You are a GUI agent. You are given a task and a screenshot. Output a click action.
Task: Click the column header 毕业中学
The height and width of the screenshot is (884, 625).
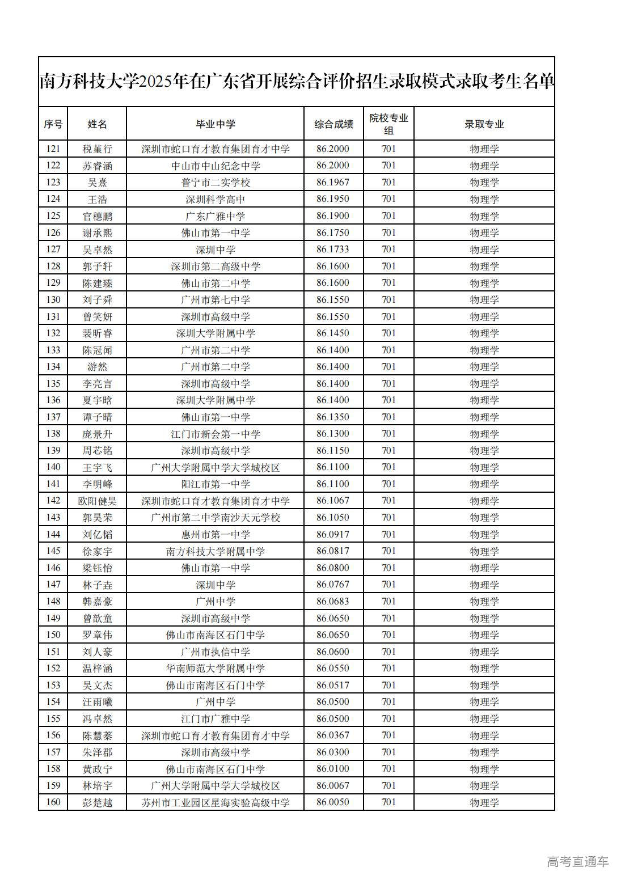point(215,124)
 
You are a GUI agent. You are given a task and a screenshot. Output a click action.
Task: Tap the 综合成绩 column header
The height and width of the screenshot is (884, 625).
point(333,124)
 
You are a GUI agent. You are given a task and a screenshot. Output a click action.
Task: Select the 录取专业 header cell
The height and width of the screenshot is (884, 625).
point(484,124)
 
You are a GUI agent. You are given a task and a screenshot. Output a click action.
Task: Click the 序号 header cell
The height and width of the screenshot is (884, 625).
point(53,124)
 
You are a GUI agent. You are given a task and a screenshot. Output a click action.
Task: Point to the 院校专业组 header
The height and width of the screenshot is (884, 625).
point(388,124)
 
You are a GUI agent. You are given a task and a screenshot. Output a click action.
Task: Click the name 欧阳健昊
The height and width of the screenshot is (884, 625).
point(97,501)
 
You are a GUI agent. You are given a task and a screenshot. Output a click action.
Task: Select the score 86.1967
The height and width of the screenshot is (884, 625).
point(333,183)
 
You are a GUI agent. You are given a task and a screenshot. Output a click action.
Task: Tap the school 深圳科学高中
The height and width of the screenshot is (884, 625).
point(215,199)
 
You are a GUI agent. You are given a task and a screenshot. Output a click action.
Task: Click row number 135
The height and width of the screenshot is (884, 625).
point(53,383)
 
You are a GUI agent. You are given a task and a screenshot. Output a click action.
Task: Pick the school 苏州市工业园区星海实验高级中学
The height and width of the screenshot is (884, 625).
point(215,802)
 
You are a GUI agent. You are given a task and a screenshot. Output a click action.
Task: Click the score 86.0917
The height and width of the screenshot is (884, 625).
point(333,534)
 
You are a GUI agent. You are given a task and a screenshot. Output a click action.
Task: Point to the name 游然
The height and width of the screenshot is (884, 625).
point(97,367)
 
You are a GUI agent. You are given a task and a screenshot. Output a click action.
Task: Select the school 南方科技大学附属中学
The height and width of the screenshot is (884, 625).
point(215,551)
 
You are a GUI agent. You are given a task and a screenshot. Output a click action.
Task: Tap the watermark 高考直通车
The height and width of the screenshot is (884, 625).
point(577,861)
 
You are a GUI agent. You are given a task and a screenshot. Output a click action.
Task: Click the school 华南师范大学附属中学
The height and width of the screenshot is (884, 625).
point(215,669)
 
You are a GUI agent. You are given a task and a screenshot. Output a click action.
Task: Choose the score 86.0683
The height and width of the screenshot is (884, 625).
point(333,601)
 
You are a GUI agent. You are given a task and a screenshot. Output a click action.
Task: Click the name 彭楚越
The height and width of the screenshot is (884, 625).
point(97,802)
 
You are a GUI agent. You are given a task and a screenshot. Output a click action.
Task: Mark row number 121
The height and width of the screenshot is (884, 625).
point(53,149)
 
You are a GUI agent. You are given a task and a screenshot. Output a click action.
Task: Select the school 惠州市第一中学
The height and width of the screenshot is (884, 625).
point(215,534)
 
